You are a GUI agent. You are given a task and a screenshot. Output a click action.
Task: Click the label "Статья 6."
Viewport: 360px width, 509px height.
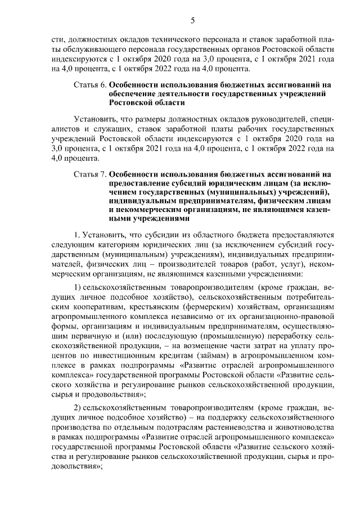89,85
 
